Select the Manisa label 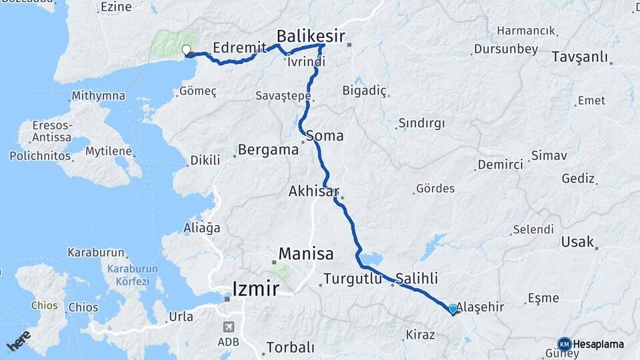coord(306,253)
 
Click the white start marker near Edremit coord(187,50)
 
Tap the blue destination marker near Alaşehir coord(453,309)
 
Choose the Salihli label coord(417,278)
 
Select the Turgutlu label coord(353,278)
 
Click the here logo coord(19,341)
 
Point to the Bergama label coord(268,149)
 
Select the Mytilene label coord(108,151)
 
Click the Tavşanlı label coord(580,57)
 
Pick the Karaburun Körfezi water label coord(125,275)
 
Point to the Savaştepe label coord(283,97)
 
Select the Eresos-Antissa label coord(51,131)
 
